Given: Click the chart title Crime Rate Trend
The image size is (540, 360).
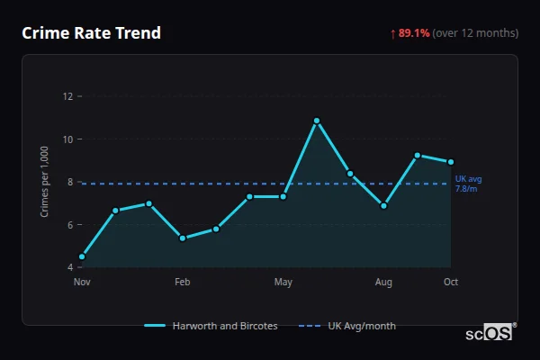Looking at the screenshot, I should click(x=91, y=33).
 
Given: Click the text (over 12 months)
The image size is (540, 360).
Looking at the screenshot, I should click(x=475, y=33).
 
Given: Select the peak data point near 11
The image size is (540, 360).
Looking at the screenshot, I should click(x=317, y=121).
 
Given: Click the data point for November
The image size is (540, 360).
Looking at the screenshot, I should click(x=82, y=256).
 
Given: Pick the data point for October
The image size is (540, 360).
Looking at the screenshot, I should click(x=451, y=162).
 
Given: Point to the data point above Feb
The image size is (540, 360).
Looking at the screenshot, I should click(x=183, y=238).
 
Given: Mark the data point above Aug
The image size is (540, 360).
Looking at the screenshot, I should click(x=383, y=206).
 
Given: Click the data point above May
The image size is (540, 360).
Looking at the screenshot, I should click(x=283, y=196).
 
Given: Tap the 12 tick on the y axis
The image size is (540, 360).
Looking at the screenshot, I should click(x=67, y=96).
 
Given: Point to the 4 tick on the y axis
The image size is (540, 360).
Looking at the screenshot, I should click(x=70, y=267).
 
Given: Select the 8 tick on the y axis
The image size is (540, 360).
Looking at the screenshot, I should click(x=70, y=182).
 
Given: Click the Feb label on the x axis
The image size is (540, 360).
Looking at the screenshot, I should click(x=183, y=283).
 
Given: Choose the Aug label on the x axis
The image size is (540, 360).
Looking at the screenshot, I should click(x=383, y=283).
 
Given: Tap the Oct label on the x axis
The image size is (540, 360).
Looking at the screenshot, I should click(x=451, y=283).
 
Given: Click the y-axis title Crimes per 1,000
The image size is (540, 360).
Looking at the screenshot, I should click(x=44, y=181).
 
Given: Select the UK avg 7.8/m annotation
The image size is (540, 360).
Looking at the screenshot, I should click(x=468, y=184).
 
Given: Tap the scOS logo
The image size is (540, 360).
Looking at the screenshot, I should click(x=490, y=333).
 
